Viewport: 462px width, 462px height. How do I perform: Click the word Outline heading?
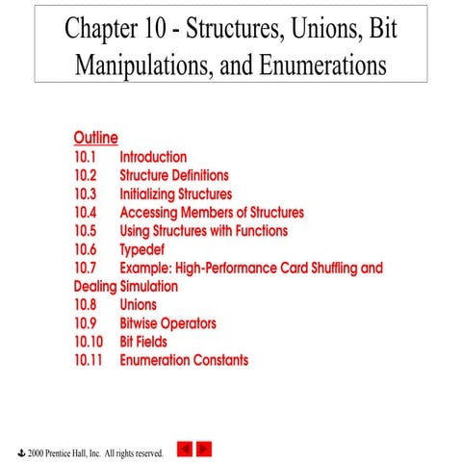[x=95, y=138]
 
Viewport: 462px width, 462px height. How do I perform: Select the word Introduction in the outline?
[x=153, y=157]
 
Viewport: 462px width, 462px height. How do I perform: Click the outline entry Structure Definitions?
[x=174, y=175]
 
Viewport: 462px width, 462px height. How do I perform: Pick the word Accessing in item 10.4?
[x=150, y=213]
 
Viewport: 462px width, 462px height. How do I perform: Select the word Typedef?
[x=141, y=249]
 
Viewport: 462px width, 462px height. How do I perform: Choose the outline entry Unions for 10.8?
[x=138, y=305]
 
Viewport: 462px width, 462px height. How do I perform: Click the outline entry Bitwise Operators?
[x=167, y=323]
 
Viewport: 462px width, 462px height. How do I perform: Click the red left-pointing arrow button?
[x=187, y=449]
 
